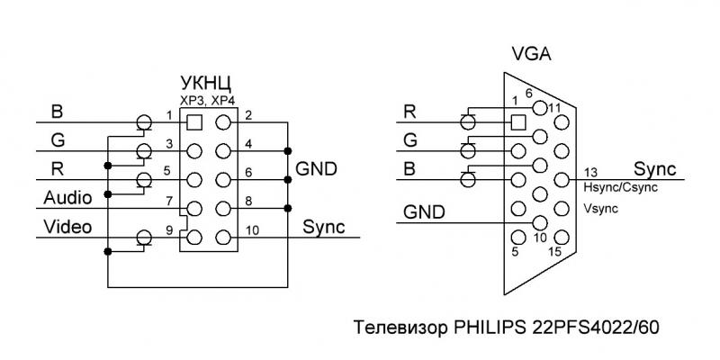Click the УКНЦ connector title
tap(206, 84)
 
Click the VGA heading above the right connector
tap(531, 56)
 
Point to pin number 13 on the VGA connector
tap(591, 172)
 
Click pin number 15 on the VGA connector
tap(554, 251)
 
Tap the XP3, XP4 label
tap(207, 101)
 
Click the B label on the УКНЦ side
tap(57, 112)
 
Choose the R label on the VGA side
tap(409, 112)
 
